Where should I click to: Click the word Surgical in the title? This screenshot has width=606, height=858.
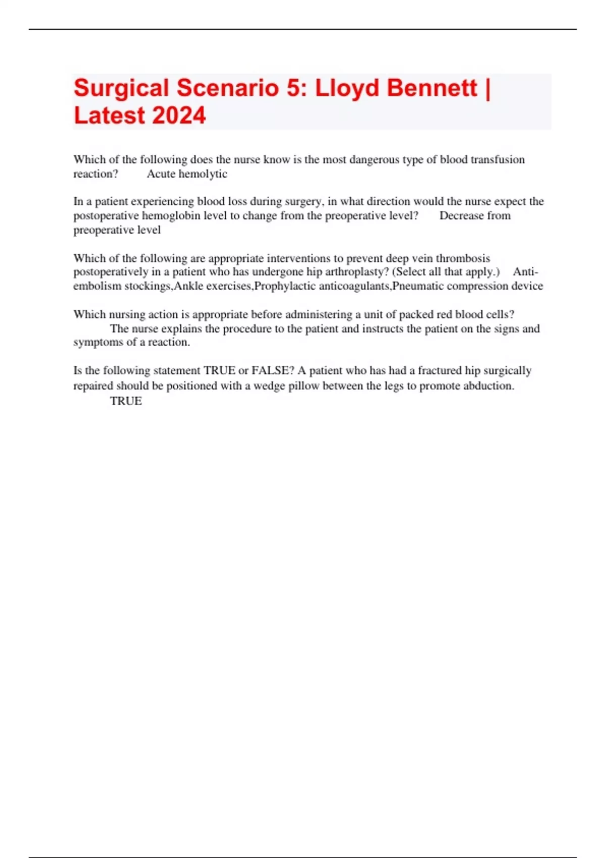121,89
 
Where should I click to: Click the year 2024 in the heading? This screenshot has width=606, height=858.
179,116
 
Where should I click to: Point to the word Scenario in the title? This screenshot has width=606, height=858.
228,89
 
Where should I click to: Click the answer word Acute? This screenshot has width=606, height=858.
161,174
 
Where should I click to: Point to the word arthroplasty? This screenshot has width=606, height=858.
348,272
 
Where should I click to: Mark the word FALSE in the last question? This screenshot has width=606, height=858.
272,370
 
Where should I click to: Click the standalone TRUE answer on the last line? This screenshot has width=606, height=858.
126,401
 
